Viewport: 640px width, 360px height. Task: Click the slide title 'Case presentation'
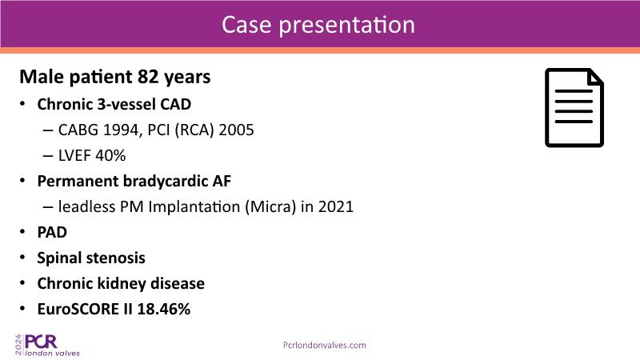pos(318,25)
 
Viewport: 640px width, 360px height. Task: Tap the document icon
pos(574,108)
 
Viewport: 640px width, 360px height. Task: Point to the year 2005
pos(236,130)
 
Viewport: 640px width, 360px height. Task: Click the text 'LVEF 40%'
pos(92,155)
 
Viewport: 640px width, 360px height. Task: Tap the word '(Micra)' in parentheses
pos(270,206)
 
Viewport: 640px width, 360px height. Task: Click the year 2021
pos(336,206)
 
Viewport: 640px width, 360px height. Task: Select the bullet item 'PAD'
pos(52,232)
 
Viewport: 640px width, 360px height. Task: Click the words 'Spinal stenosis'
pos(91,258)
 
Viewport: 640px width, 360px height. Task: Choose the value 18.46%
pos(164,309)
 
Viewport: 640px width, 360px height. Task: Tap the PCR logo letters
pos(41,342)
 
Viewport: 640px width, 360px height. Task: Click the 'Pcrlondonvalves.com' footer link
pos(325,346)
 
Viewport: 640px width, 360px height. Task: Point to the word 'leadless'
pos(87,206)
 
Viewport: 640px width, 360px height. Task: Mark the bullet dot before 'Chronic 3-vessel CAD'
pos(23,104)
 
